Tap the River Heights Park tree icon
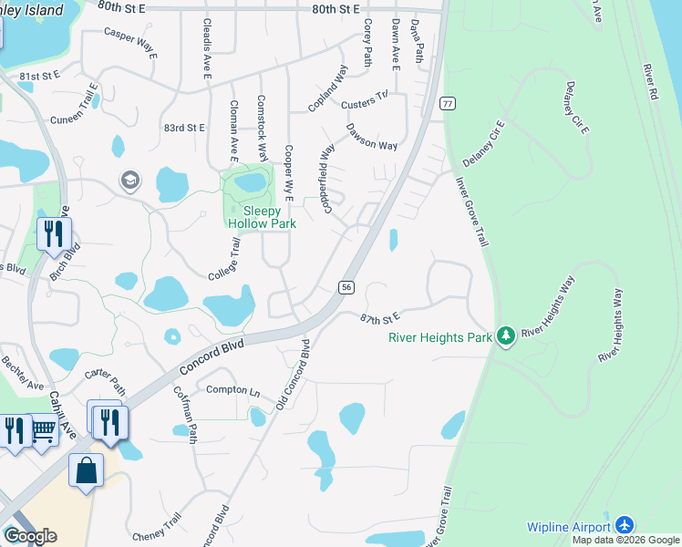506,336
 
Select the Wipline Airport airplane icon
624,527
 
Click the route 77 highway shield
447,103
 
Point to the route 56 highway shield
346,286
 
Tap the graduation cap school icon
130,181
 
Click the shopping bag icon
86,471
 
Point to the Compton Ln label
233,390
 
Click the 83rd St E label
184,129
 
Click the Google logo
30,536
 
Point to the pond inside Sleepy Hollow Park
249,182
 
